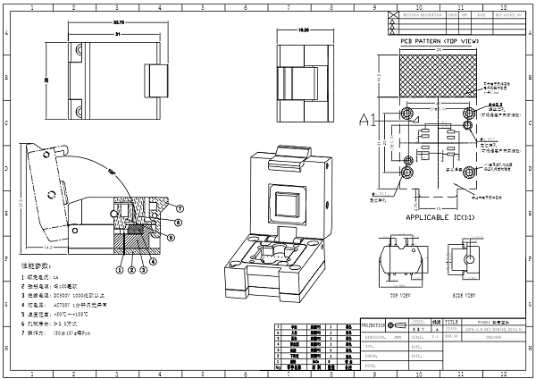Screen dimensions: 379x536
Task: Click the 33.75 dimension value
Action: pos(119,21)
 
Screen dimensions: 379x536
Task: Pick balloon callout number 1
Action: pos(120,268)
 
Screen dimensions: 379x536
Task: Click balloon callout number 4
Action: pos(153,261)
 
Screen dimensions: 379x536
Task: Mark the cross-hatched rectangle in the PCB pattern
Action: pos(438,73)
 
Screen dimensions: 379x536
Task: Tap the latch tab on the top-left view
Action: pos(157,80)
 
